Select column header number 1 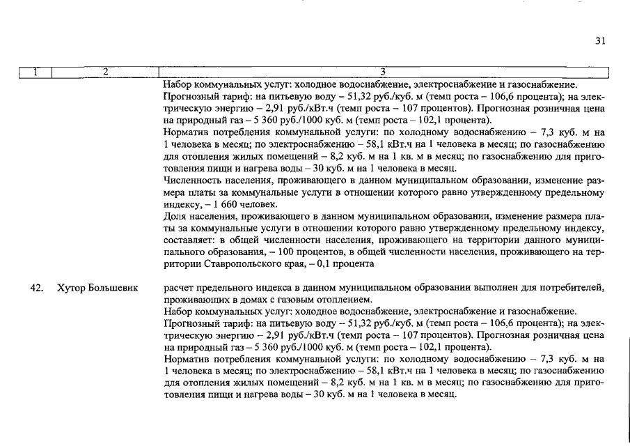(x=35, y=72)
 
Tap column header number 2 (x=105, y=72)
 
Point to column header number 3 (x=384, y=72)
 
